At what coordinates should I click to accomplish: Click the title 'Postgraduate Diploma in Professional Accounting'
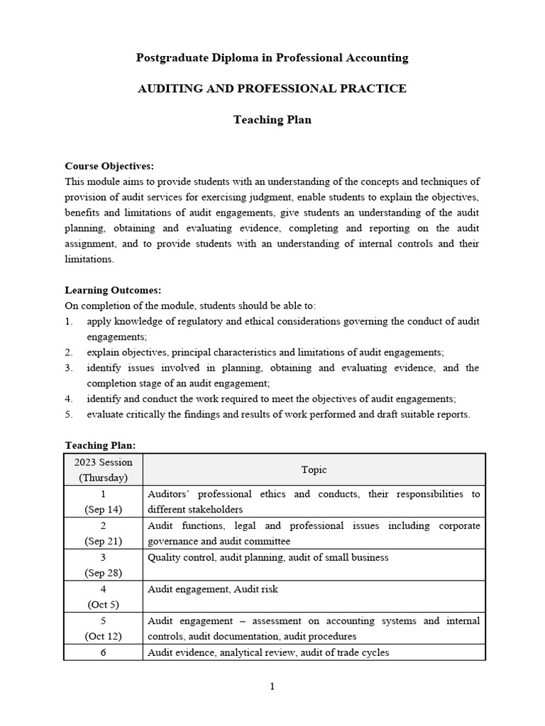(x=272, y=58)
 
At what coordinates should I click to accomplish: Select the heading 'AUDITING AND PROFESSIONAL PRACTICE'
(x=272, y=89)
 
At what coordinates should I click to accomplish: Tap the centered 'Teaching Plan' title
(x=272, y=120)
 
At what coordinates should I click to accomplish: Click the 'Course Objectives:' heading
(x=109, y=166)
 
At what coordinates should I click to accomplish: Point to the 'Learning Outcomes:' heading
(x=113, y=290)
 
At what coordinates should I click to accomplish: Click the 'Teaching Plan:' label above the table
(x=100, y=445)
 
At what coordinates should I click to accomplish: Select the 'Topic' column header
(x=314, y=470)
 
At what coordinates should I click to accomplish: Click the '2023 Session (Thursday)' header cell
(x=103, y=470)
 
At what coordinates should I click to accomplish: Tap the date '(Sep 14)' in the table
(x=103, y=509)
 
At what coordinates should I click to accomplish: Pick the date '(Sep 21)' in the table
(x=103, y=541)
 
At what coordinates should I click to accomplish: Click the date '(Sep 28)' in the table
(x=103, y=573)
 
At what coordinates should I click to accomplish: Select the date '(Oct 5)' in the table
(x=103, y=605)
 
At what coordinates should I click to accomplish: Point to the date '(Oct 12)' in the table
(x=103, y=636)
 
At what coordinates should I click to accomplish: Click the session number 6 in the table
(x=103, y=652)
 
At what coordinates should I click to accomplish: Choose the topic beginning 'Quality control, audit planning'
(x=268, y=557)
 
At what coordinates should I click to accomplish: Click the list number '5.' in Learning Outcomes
(x=69, y=414)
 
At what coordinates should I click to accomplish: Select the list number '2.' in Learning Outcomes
(x=69, y=352)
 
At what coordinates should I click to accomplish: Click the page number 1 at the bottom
(x=272, y=686)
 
